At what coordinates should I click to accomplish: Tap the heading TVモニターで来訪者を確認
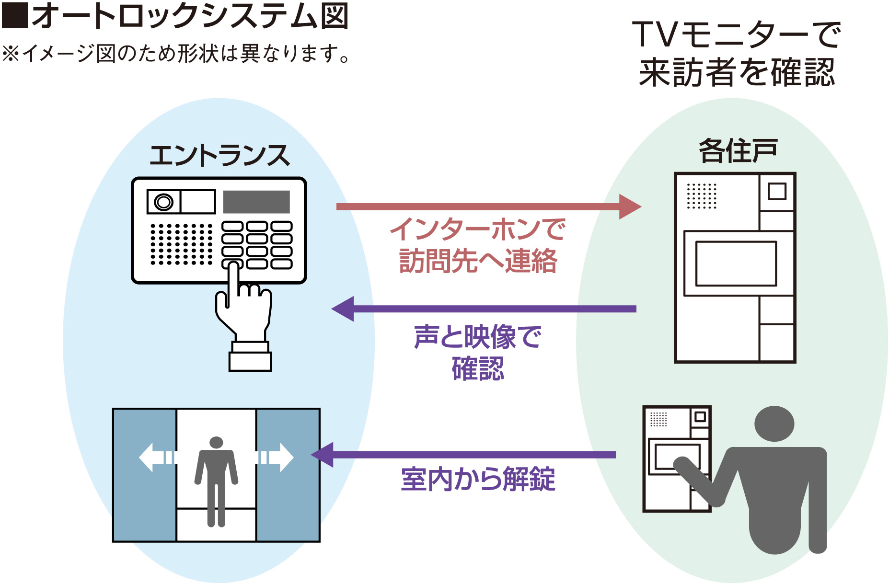point(737,54)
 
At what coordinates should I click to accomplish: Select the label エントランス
point(219,156)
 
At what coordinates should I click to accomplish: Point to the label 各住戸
point(738,151)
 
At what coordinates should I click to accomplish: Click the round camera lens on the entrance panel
point(163,202)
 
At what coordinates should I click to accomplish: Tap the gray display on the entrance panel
point(256,202)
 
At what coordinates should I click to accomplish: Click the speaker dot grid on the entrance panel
point(181,244)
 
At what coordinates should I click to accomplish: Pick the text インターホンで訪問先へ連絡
point(478,245)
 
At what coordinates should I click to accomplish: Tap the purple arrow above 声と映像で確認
point(484,309)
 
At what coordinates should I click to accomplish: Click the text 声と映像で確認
point(478,353)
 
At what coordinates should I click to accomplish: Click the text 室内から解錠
point(478,479)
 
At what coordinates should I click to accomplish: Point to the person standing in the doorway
point(216,479)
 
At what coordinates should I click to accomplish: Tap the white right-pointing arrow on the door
point(277,457)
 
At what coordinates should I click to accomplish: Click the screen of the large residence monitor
point(736,263)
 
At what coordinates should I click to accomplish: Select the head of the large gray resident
point(774,424)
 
